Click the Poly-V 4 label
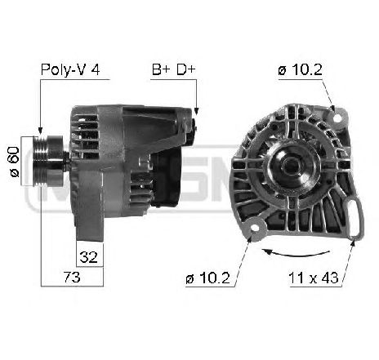point(70,70)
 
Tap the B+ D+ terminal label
point(173,69)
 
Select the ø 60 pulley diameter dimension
point(14,162)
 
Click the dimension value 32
point(89,256)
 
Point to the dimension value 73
point(72,277)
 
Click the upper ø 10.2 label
point(300,70)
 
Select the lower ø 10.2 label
point(207,278)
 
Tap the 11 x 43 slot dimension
point(313,278)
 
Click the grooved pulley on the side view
point(48,161)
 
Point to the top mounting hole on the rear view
point(337,118)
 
